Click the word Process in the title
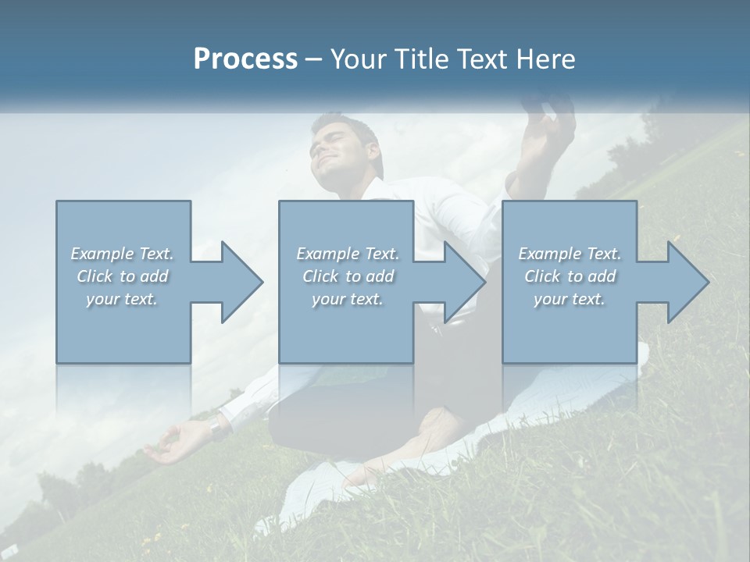(x=245, y=59)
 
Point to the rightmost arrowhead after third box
(x=687, y=282)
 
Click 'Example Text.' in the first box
(x=122, y=254)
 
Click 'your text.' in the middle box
(x=347, y=299)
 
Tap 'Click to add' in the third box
(x=570, y=276)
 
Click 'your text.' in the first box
(x=122, y=299)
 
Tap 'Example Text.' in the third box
(x=570, y=254)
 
